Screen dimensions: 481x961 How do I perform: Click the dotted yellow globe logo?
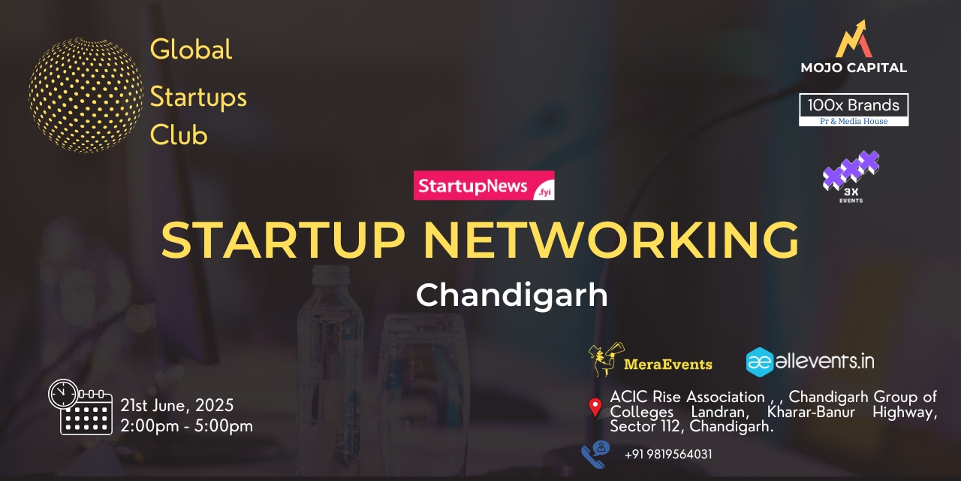(x=86, y=95)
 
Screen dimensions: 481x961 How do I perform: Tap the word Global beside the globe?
(x=191, y=50)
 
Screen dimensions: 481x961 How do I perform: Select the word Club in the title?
(x=179, y=135)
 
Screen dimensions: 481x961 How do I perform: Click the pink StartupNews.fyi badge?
(x=484, y=186)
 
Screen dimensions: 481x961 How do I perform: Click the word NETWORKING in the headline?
(x=610, y=240)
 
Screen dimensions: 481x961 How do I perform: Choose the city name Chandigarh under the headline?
(x=511, y=295)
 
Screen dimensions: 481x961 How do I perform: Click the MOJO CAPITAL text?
(x=854, y=68)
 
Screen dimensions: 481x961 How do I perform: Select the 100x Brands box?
(x=854, y=110)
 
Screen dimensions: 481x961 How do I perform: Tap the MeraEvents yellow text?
(x=668, y=365)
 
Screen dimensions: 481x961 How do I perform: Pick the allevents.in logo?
(x=810, y=362)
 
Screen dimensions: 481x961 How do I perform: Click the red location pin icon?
(x=595, y=407)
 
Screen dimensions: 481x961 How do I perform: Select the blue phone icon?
(x=596, y=453)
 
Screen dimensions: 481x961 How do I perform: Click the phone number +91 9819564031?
(x=668, y=454)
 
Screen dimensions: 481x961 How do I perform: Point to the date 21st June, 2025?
(x=177, y=406)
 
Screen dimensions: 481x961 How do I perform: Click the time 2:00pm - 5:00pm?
(x=186, y=425)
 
